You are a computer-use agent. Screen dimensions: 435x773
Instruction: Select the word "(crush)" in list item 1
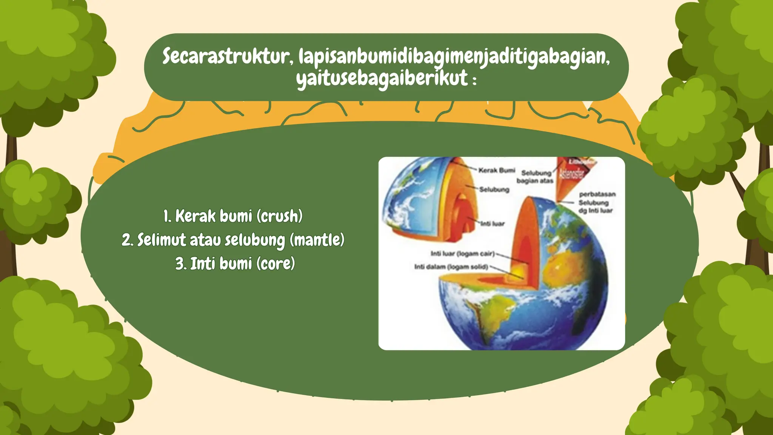(x=280, y=216)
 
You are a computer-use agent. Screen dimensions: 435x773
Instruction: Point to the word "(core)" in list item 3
(x=276, y=264)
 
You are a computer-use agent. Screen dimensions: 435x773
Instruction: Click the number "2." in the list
(x=128, y=240)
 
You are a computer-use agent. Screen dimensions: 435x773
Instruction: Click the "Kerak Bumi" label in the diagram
(x=496, y=170)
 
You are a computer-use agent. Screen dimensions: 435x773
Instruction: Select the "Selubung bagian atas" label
(x=535, y=177)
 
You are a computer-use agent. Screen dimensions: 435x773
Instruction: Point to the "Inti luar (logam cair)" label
(x=462, y=253)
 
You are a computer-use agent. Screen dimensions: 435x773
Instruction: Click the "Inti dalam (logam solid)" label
(x=451, y=267)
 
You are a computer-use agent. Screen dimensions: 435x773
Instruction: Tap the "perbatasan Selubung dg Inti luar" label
(x=596, y=202)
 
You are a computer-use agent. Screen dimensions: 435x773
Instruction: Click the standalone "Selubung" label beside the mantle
(x=494, y=190)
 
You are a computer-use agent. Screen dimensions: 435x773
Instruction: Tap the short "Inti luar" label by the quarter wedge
(x=493, y=224)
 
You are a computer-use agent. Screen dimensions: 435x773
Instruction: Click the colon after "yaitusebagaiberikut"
(x=474, y=80)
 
